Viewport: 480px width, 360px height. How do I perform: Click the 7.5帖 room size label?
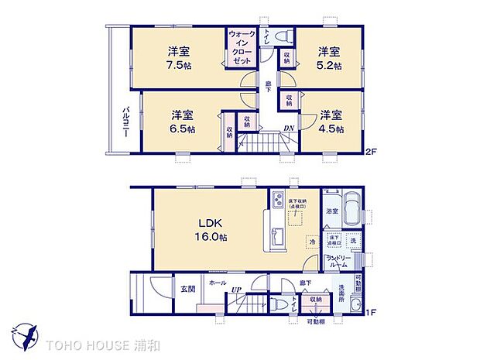point(179,65)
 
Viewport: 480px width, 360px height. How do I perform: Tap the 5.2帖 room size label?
point(329,65)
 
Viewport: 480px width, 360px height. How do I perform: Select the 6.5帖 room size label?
point(183,129)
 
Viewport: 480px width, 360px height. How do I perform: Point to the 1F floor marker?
point(372,312)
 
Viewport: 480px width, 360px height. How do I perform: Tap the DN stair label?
point(288,129)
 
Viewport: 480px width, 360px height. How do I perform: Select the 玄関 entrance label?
point(188,290)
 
